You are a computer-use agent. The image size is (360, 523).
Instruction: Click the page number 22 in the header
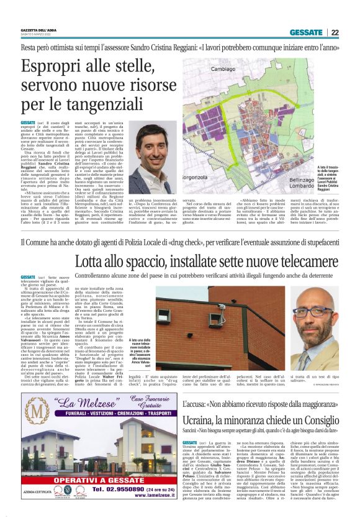pos(335,33)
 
